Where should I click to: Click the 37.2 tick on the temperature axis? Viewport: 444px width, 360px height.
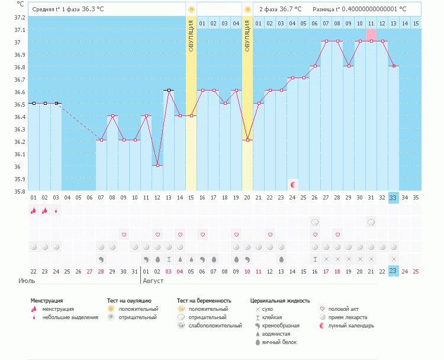20,18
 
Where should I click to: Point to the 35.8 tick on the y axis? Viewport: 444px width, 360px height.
20,191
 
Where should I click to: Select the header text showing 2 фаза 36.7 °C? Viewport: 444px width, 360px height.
280,9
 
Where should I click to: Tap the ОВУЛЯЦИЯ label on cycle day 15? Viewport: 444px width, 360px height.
191,36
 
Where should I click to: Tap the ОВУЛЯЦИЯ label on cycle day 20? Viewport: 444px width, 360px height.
247,36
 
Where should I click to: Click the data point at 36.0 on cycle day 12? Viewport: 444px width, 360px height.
157,166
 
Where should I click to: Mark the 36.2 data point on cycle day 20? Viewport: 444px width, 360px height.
247,140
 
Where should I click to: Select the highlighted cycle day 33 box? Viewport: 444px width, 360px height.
394,198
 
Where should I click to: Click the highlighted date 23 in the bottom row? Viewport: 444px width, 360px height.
394,271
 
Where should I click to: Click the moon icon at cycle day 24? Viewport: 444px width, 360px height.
292,185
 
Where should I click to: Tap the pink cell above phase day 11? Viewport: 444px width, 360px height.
371,35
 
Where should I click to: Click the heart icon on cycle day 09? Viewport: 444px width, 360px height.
124,234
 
